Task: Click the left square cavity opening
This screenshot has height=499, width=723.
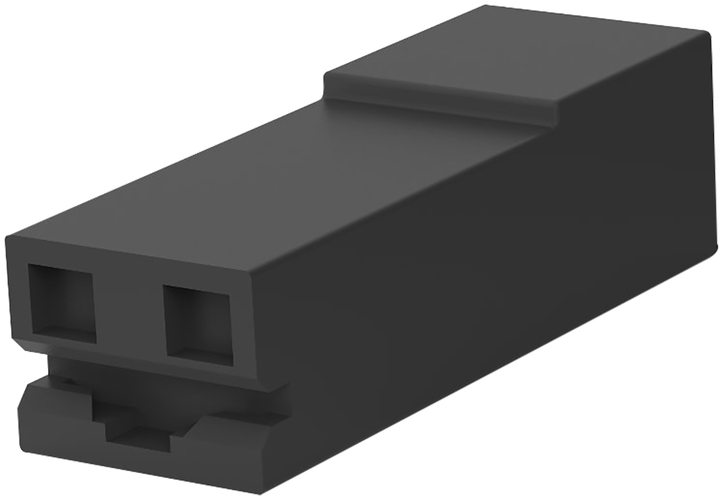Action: click(x=63, y=303)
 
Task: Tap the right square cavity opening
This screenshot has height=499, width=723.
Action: click(x=198, y=324)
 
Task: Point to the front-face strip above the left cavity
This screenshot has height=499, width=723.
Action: click(x=60, y=256)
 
